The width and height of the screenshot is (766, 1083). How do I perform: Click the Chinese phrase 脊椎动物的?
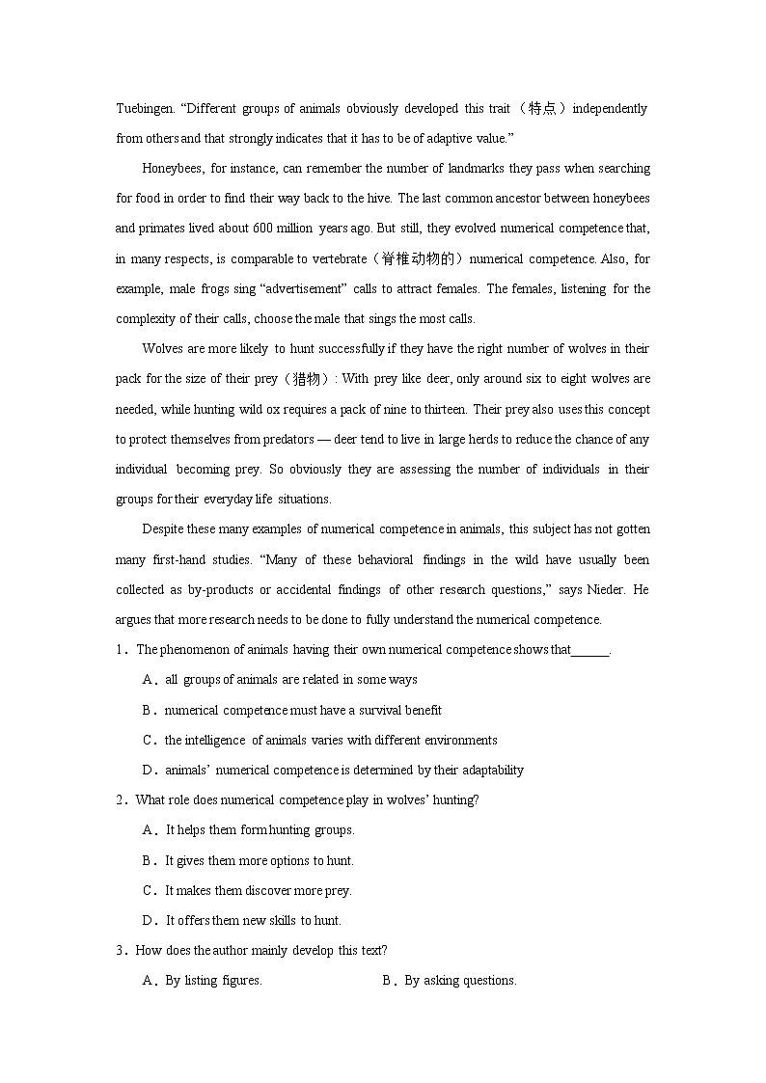(423, 258)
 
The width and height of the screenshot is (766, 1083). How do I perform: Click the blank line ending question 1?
(590, 650)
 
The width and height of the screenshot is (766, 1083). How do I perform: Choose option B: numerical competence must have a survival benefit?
(303, 710)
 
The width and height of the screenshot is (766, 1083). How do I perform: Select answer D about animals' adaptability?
(343, 770)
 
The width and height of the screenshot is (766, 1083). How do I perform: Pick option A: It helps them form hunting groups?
(260, 829)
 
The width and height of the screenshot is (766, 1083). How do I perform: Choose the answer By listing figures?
(213, 980)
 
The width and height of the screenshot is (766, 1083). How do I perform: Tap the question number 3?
(121, 950)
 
